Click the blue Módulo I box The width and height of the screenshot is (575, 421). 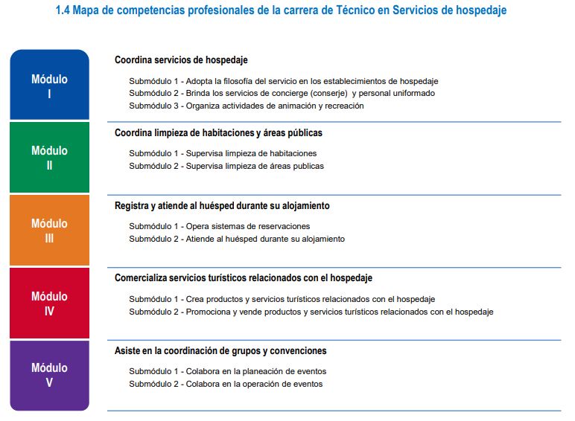(x=49, y=86)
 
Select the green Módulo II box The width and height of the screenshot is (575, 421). (x=49, y=157)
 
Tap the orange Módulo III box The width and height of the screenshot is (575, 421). (x=49, y=230)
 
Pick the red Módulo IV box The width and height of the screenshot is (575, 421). (x=49, y=303)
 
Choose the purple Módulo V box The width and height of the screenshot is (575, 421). (x=49, y=375)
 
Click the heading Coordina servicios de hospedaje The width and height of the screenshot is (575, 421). (x=181, y=60)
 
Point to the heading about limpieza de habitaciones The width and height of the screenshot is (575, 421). (x=218, y=132)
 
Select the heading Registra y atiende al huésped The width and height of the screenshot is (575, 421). (x=222, y=205)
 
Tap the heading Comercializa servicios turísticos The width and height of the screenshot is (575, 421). (x=244, y=278)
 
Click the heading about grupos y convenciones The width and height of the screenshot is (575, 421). (x=220, y=351)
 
